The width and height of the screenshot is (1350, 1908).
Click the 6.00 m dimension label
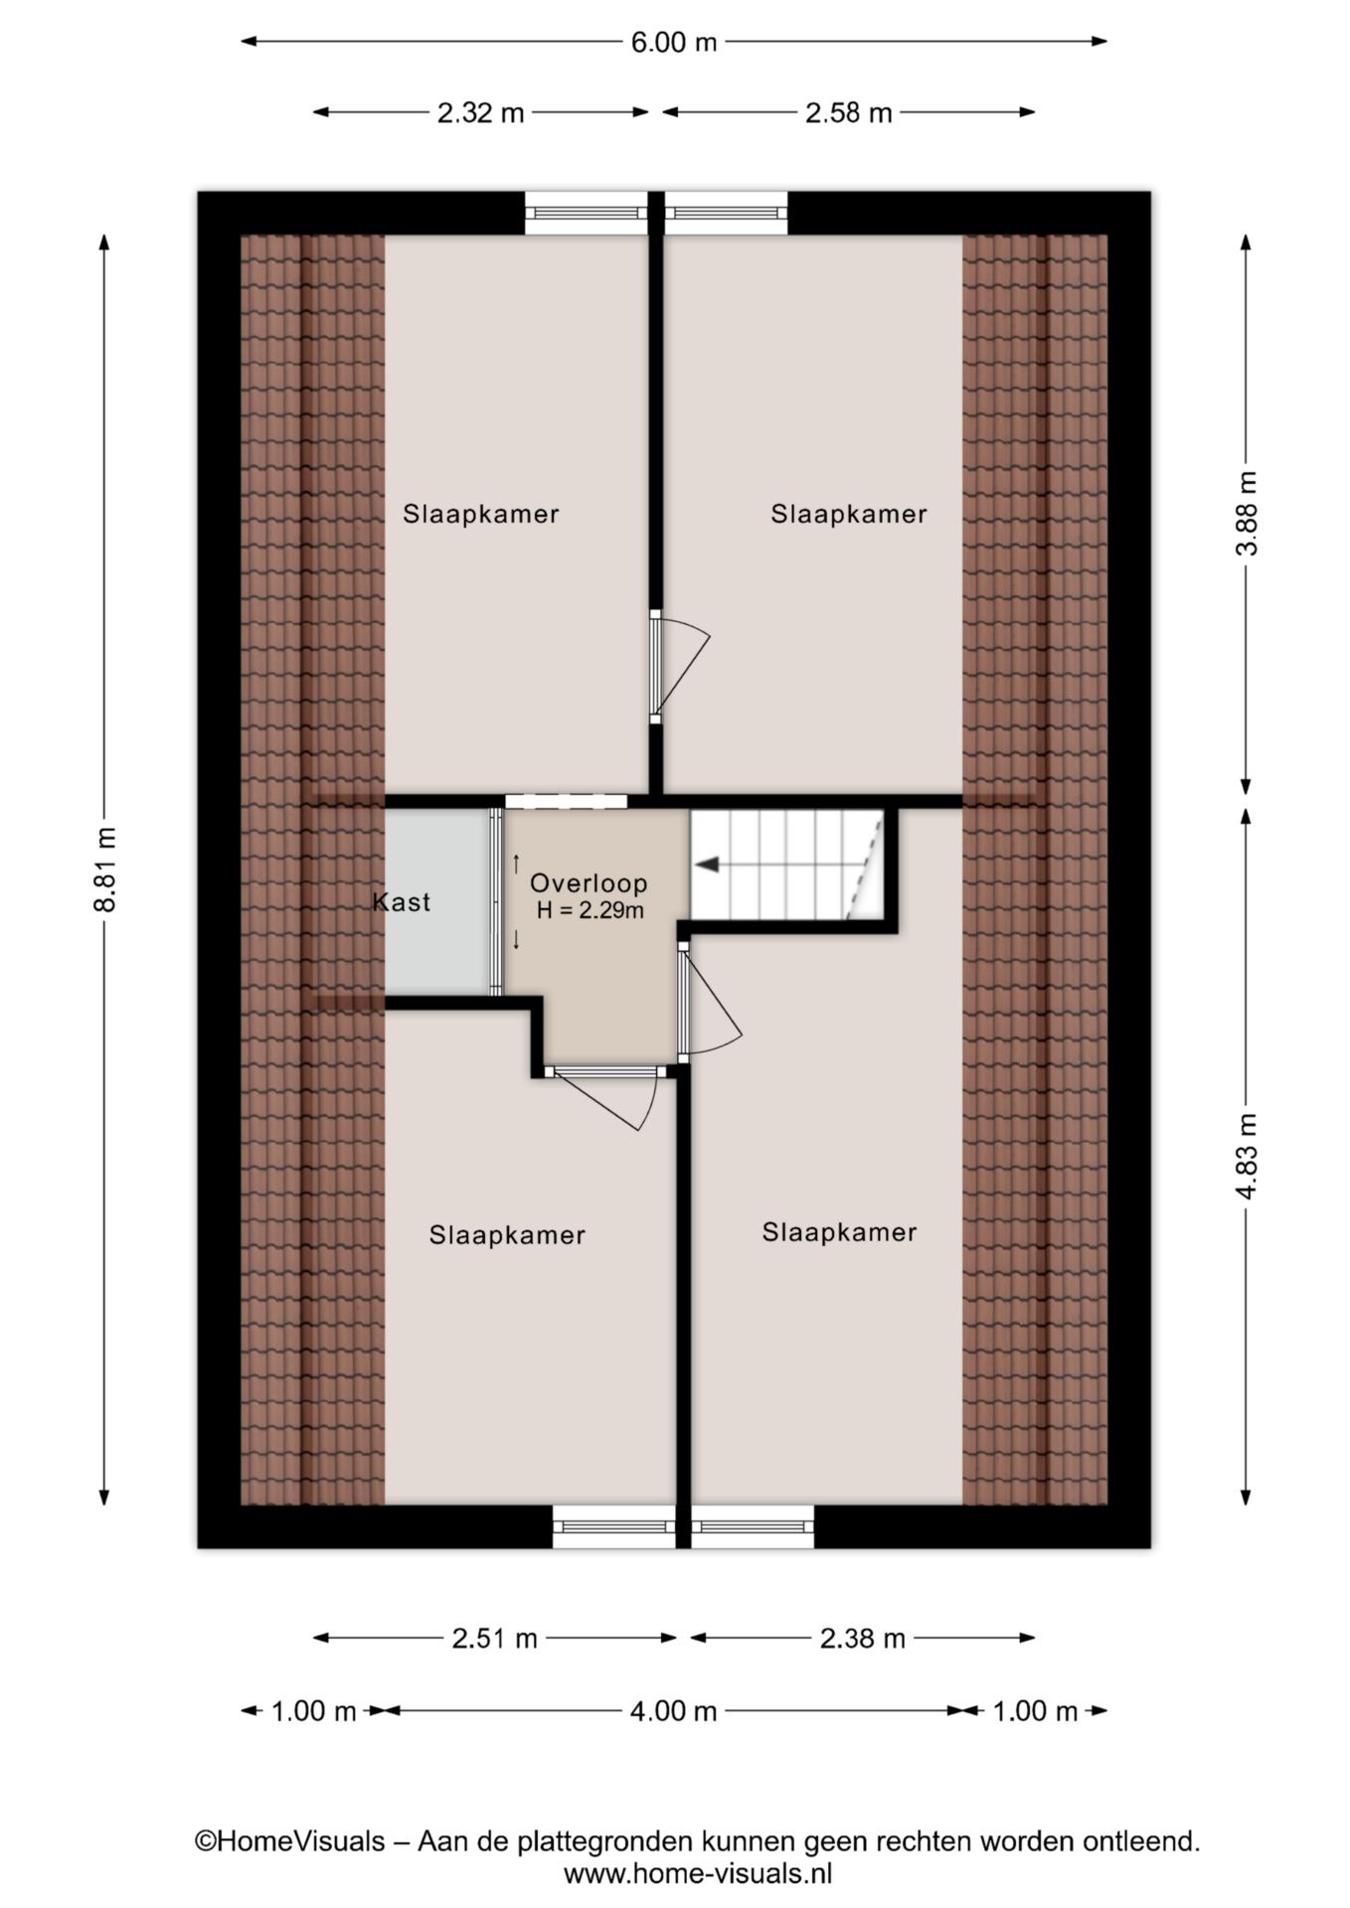click(673, 42)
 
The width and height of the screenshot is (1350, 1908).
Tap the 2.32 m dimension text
click(480, 113)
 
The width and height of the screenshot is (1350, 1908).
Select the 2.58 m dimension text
click(848, 113)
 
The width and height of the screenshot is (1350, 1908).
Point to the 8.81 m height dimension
click(105, 869)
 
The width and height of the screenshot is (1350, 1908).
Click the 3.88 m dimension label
click(1247, 513)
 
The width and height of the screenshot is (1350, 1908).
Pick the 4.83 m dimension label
click(1247, 1156)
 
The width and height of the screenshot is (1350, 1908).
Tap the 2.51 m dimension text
click(494, 1639)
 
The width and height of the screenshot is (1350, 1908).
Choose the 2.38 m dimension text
click(862, 1639)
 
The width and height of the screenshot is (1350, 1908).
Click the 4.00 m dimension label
click(673, 1711)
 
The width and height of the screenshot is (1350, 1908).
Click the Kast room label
click(402, 902)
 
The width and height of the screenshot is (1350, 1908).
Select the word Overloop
click(589, 882)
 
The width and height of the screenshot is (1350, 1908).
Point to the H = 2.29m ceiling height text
click(590, 909)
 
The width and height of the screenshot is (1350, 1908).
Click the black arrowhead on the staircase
click(707, 865)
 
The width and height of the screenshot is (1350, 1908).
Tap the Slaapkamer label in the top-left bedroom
click(480, 514)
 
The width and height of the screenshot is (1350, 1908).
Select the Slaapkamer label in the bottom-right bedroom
click(839, 1232)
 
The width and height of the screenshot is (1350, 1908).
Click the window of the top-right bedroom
click(727, 213)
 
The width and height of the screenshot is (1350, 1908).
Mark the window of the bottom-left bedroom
click(613, 1526)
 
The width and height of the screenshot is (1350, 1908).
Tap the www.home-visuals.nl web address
click(698, 1874)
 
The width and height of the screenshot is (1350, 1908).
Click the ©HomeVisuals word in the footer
click(289, 1841)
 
